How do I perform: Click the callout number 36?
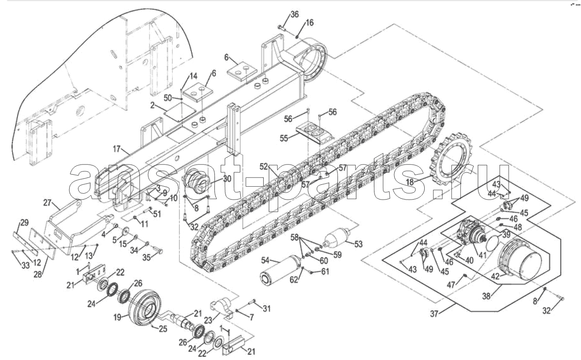point(294,14)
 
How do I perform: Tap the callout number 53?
point(358,244)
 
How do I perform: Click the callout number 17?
point(117,149)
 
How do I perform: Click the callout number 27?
point(47,202)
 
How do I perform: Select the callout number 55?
point(284,138)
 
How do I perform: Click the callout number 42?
point(495,276)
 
